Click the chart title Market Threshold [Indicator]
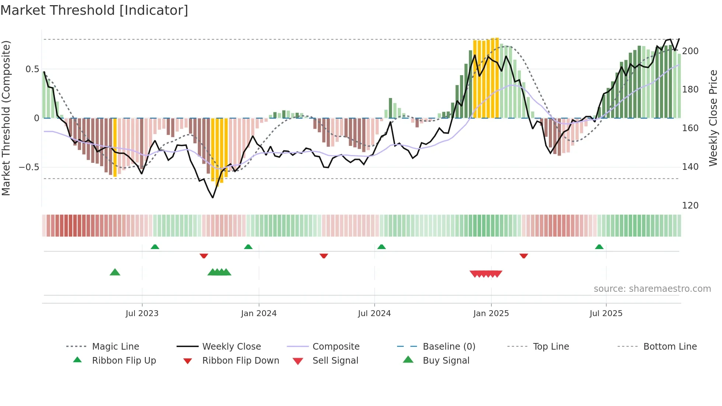[x=94, y=10]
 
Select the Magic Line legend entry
[x=115, y=347]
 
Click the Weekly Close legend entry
[x=231, y=347]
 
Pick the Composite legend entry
[x=336, y=347]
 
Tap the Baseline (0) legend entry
[x=449, y=347]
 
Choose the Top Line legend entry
[x=551, y=347]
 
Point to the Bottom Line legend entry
[x=670, y=347]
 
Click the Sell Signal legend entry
[x=335, y=361]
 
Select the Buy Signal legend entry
[x=446, y=361]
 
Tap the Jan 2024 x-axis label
[x=259, y=314]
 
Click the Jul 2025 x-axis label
[x=606, y=314]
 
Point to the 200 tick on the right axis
[x=690, y=51]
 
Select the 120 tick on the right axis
[x=690, y=206]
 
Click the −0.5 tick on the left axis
[x=29, y=167]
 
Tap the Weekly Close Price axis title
[x=713, y=118]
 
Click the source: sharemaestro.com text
[x=652, y=289]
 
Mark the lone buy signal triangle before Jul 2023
[x=115, y=272]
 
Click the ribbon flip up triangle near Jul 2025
[x=599, y=247]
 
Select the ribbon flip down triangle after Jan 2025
[x=524, y=256]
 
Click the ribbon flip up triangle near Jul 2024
[x=382, y=247]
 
